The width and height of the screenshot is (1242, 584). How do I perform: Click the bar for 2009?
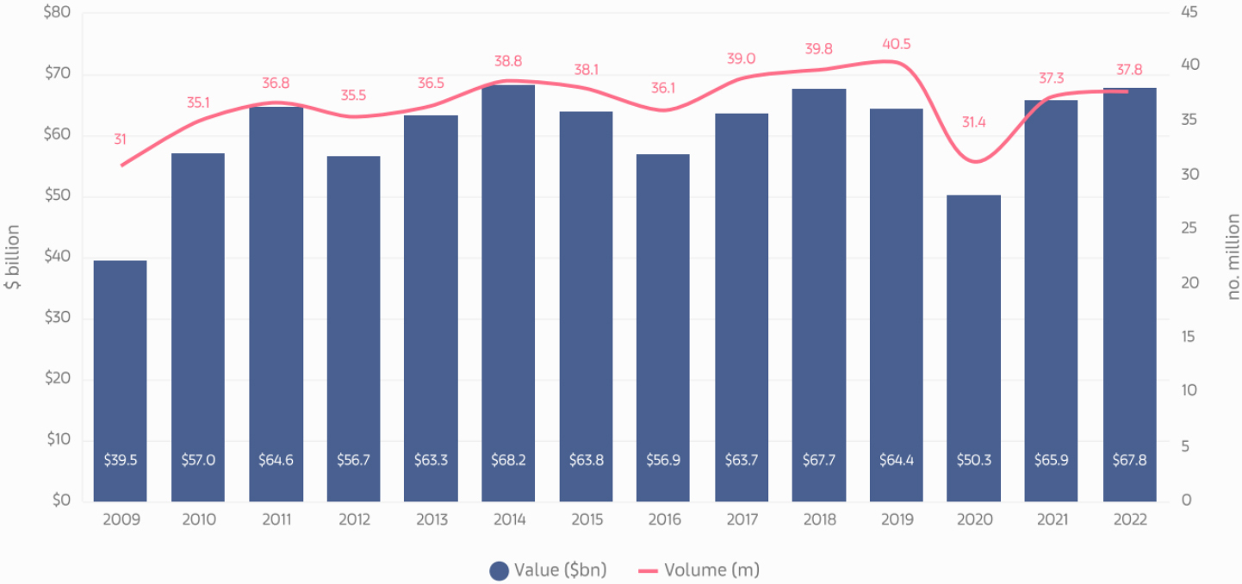click(x=120, y=379)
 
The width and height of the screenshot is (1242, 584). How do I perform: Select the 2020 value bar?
click(x=973, y=345)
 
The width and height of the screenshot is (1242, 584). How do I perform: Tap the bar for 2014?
click(x=508, y=293)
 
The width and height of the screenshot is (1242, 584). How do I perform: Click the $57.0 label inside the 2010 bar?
click(x=198, y=460)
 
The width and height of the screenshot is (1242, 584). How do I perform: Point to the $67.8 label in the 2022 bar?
click(x=1129, y=460)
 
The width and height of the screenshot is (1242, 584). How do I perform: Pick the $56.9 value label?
click(x=663, y=460)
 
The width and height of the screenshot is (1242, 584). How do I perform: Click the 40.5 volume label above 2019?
click(x=897, y=44)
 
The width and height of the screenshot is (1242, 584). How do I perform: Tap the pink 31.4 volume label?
click(x=973, y=122)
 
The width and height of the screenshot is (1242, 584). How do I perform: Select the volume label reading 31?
click(x=120, y=139)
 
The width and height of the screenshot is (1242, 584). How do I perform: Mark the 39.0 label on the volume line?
click(x=741, y=59)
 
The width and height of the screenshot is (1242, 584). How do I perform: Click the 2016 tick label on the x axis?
click(x=663, y=519)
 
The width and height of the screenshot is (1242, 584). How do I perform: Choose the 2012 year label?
click(x=353, y=519)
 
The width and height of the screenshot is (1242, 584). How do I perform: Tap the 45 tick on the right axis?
click(x=1189, y=12)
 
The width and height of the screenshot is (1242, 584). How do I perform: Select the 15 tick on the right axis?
click(x=1189, y=337)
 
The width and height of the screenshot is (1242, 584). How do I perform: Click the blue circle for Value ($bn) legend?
click(x=499, y=570)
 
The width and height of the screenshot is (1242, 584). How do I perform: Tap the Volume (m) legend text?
click(x=711, y=570)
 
